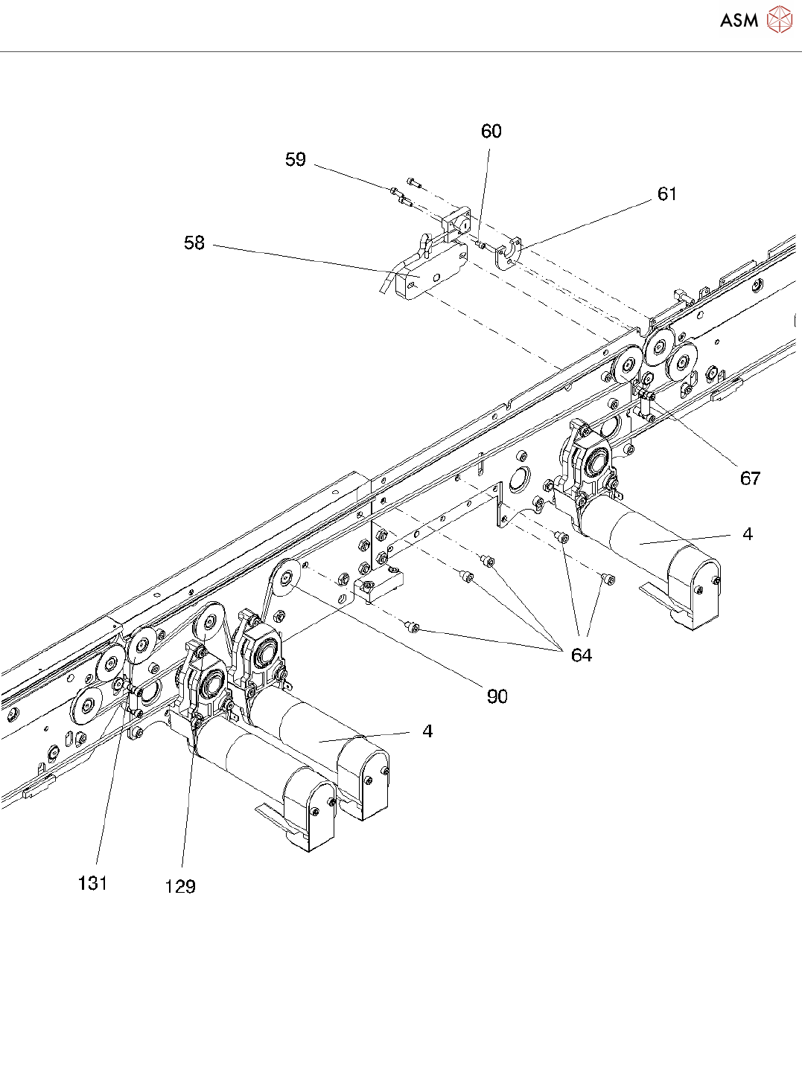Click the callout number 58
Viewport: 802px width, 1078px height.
[x=194, y=243]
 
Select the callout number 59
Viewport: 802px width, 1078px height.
[x=296, y=160]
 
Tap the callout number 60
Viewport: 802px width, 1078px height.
[x=491, y=132]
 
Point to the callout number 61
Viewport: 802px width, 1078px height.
[x=666, y=194]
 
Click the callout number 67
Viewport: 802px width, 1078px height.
[x=750, y=478]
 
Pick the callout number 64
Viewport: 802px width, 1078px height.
[x=581, y=655]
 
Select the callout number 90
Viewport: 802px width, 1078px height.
[x=497, y=696]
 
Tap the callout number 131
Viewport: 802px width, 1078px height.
[x=92, y=883]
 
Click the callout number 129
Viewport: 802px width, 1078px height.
[x=179, y=886]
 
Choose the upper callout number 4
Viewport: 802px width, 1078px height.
[x=747, y=534]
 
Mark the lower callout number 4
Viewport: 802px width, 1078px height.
[x=427, y=731]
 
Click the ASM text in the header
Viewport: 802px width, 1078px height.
[x=739, y=21]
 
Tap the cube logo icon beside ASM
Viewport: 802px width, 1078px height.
[x=779, y=20]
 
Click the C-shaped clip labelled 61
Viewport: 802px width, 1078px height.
[x=509, y=252]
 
